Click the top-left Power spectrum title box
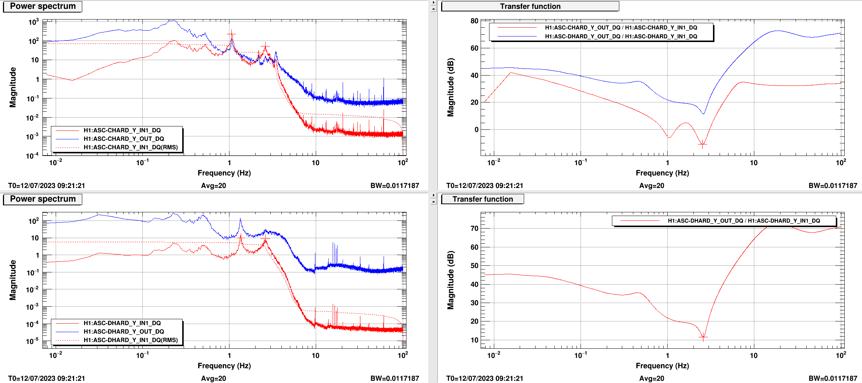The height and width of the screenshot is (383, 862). coord(42,6)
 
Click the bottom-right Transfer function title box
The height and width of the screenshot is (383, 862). coord(482,199)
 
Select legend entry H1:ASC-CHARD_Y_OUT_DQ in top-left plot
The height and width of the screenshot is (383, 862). coord(124,139)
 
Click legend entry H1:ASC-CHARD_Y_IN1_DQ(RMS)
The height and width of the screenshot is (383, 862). coord(130,147)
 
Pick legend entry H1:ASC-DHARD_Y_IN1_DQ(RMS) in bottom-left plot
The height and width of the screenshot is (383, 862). coord(130,340)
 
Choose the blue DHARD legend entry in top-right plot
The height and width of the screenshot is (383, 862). coord(621,36)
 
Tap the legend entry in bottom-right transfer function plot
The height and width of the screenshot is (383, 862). coord(744,220)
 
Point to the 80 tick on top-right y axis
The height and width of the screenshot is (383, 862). coord(474,21)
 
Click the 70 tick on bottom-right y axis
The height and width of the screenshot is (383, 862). coord(474,229)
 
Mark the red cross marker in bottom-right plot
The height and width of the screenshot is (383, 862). coord(703,337)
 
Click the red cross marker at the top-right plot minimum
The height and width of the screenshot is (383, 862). coord(703,145)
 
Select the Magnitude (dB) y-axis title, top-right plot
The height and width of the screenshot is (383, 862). coord(450,87)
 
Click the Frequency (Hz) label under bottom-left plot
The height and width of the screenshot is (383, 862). coord(224,366)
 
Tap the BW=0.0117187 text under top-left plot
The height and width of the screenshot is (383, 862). coord(395,185)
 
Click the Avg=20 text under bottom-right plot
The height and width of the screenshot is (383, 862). coord(651,378)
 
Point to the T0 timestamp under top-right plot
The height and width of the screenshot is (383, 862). coord(484,185)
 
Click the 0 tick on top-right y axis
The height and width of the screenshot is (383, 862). coord(476,130)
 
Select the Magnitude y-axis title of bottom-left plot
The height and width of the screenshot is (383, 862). coord(13,280)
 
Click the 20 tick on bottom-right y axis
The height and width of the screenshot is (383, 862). coord(474,321)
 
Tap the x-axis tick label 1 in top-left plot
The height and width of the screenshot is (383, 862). coord(229,163)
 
